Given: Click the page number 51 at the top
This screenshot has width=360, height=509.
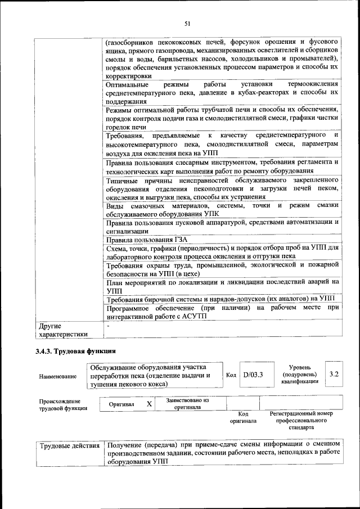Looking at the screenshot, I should [x=187, y=23].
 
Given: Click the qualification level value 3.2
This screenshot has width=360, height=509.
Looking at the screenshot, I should [x=334, y=374].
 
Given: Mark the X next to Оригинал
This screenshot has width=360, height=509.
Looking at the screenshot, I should [x=149, y=404].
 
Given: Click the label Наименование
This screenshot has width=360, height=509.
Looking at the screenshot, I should [x=58, y=376].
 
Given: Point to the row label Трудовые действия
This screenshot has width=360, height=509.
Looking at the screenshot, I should [x=70, y=446].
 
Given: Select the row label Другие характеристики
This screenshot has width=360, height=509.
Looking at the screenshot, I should [x=62, y=330].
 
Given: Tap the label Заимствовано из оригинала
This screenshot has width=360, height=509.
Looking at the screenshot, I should [x=188, y=403].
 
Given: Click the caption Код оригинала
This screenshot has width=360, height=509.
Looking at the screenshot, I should [x=243, y=417].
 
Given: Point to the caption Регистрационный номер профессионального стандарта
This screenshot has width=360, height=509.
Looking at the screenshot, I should [x=301, y=420].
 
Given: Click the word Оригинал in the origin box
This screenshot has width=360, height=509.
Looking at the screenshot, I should [x=121, y=404].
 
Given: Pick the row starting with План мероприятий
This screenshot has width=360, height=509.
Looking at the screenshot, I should [x=222, y=286].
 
